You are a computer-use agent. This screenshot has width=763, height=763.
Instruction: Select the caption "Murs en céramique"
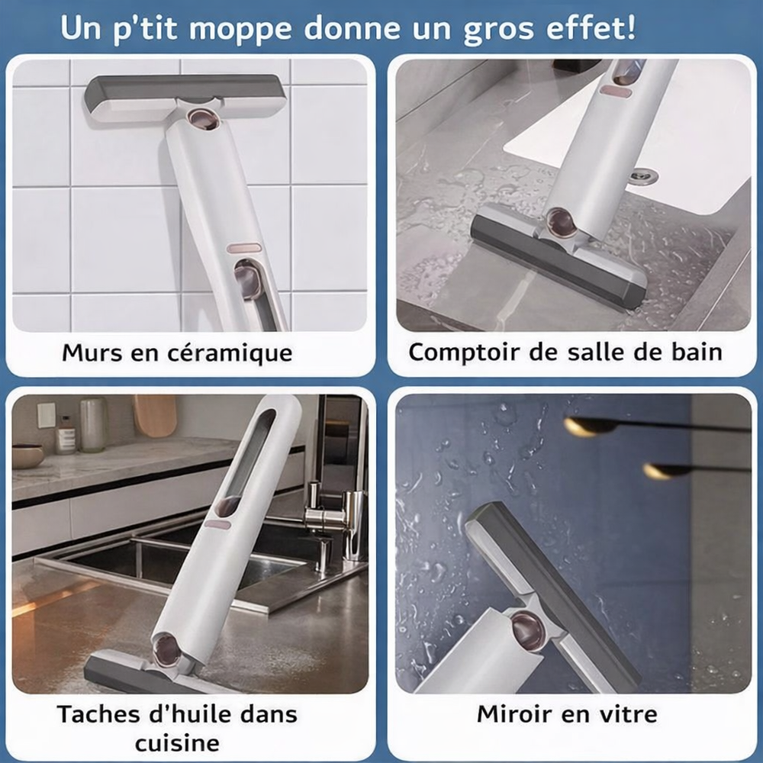pyautogui.click(x=177, y=353)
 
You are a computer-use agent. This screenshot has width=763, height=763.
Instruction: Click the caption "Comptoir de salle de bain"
pyautogui.click(x=565, y=353)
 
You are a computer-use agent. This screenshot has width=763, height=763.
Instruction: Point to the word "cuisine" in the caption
pyautogui.click(x=177, y=742)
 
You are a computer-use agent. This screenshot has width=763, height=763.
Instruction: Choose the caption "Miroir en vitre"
pyautogui.click(x=567, y=714)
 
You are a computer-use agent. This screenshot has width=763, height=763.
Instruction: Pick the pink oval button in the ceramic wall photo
pyautogui.click(x=244, y=249)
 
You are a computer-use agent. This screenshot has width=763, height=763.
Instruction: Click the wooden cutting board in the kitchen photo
pyautogui.click(x=155, y=415)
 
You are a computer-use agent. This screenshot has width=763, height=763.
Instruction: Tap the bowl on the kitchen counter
pyautogui.click(x=28, y=456)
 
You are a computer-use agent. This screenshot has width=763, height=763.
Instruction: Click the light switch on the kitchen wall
pyautogui.click(x=47, y=416)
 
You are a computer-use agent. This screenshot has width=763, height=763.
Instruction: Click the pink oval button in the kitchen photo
pyautogui.click(x=217, y=525)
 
